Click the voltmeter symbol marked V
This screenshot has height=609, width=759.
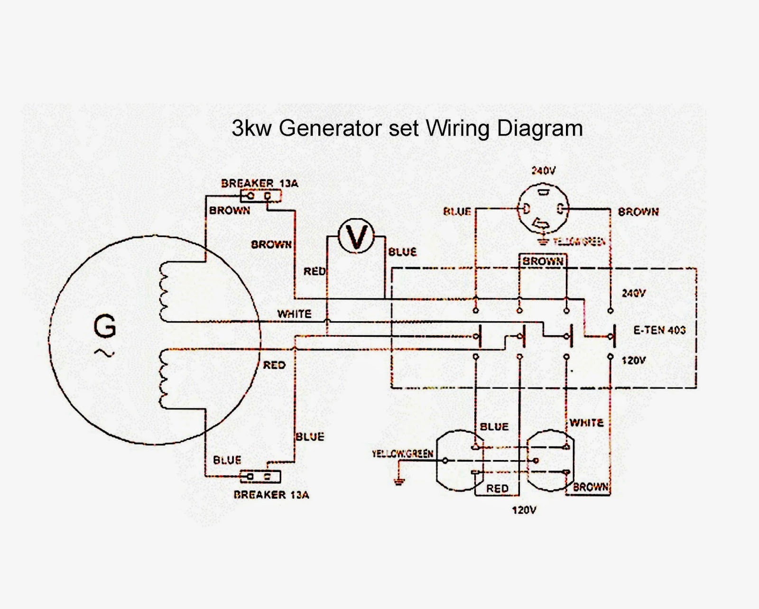point(356,236)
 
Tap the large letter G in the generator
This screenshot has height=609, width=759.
point(105,327)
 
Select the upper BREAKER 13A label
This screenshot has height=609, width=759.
point(259,183)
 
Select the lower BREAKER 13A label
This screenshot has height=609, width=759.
point(271,495)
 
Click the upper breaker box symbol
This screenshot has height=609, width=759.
point(260,195)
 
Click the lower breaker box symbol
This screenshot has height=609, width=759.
point(260,477)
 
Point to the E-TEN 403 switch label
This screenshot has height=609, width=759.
point(659,330)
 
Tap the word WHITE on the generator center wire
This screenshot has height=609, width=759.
point(294,314)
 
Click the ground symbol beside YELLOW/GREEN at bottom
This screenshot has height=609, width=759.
point(399,481)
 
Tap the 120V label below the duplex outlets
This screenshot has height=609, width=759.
point(524,510)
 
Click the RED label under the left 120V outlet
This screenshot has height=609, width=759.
point(497,489)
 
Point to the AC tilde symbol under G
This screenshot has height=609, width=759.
point(105,352)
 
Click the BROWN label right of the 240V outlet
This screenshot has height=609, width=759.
point(638,212)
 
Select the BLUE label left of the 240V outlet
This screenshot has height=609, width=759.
point(457,212)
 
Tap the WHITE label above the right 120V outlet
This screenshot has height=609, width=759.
point(586,423)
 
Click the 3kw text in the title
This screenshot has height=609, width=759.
point(251,129)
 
